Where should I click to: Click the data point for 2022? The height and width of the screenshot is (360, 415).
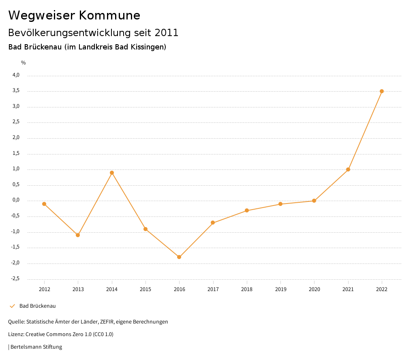(x=382, y=91)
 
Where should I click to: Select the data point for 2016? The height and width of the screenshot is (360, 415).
(x=179, y=257)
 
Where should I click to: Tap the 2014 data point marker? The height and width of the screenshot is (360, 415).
(x=112, y=173)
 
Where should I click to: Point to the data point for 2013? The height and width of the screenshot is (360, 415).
(x=78, y=235)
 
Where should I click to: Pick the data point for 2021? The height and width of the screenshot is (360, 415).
(x=348, y=169)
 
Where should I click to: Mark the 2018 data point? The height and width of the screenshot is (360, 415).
(x=247, y=210)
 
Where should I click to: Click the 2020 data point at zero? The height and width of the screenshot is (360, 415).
(x=314, y=201)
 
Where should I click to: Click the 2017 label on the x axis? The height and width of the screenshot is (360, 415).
(x=213, y=289)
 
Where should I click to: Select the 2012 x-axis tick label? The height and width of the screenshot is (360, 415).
(x=45, y=289)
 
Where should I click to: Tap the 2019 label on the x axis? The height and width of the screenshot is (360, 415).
(x=280, y=289)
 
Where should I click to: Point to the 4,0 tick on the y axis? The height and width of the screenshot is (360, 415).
(x=16, y=75)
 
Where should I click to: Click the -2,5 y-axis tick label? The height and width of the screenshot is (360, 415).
(x=15, y=279)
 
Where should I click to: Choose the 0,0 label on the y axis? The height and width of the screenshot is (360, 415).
(x=16, y=200)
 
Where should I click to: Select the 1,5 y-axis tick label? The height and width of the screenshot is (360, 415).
(x=16, y=154)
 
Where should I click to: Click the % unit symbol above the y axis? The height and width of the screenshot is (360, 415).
(x=24, y=63)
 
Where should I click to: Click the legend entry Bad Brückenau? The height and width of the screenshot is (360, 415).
(x=37, y=306)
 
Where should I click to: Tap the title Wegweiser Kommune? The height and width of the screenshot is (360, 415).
(x=74, y=15)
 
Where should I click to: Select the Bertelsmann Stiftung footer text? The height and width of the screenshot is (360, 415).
(x=36, y=347)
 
